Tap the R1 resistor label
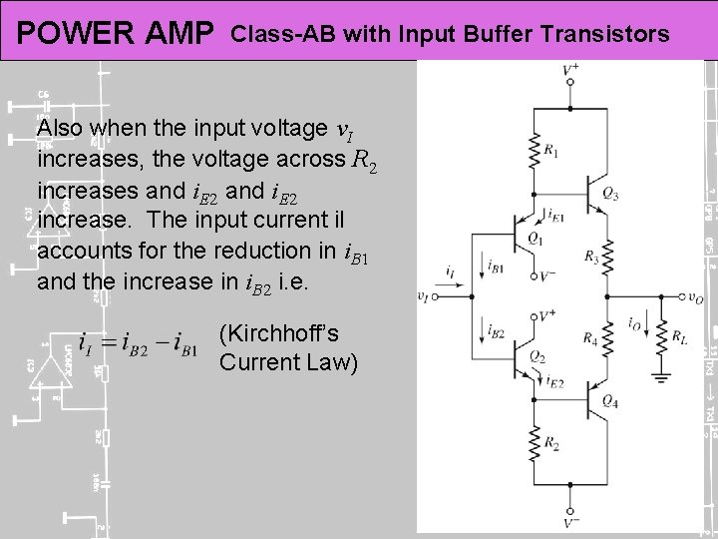(551, 151)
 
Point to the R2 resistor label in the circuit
(551, 442)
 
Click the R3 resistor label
(591, 259)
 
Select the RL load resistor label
(679, 338)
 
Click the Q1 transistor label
(536, 239)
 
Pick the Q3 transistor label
(610, 195)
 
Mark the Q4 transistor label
(610, 402)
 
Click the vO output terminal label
(695, 296)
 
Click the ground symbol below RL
(658, 377)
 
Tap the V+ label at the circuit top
(570, 69)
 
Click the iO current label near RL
(634, 323)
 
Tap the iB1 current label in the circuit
(496, 264)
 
